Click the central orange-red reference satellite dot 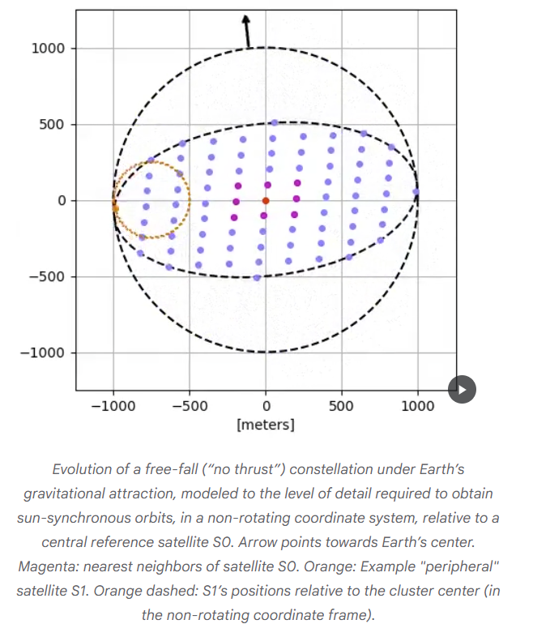(x=266, y=201)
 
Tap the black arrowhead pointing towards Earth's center (x=245, y=19)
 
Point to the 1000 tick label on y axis (x=48, y=49)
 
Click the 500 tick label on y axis (x=52, y=125)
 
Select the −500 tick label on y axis (x=46, y=276)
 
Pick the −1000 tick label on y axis (x=43, y=353)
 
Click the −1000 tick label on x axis (x=113, y=406)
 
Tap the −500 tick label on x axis (x=190, y=406)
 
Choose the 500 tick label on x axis (x=341, y=406)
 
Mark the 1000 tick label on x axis (x=418, y=406)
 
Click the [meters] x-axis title (x=266, y=425)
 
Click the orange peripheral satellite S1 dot (x=115, y=208)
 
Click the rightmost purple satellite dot (x=416, y=192)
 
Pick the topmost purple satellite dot (x=275, y=122)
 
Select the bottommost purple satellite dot (x=257, y=278)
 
